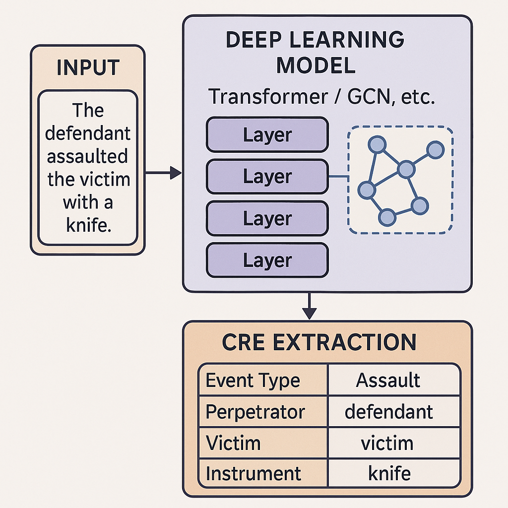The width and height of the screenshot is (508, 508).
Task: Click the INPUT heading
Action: (88, 68)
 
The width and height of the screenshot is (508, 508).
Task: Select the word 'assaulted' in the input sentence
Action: (87, 156)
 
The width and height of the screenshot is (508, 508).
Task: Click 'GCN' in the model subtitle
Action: (364, 96)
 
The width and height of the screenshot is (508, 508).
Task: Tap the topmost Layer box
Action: (267, 135)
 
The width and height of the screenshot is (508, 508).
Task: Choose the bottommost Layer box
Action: (267, 260)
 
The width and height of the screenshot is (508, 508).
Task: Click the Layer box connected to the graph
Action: (267, 177)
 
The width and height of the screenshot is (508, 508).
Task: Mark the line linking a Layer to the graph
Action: (342, 177)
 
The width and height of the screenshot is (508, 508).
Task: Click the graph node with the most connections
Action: (406, 170)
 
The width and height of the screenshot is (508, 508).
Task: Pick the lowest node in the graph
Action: (387, 217)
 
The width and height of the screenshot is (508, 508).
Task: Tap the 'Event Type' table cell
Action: (253, 381)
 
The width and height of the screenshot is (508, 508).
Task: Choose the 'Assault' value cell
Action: (388, 381)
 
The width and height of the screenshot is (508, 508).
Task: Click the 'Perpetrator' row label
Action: (255, 411)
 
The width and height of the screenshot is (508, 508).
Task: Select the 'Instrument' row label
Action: (253, 473)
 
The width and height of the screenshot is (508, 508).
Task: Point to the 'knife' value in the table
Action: (389, 473)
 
